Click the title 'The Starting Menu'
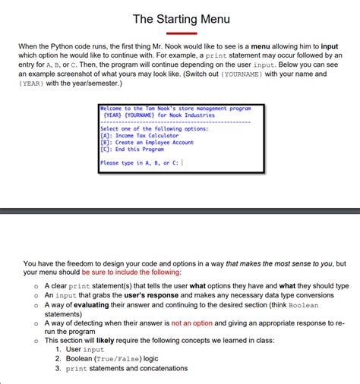click(x=181, y=17)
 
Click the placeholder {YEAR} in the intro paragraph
click(x=33, y=83)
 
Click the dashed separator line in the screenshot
click(x=175, y=122)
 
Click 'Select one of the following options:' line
click(x=144, y=128)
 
